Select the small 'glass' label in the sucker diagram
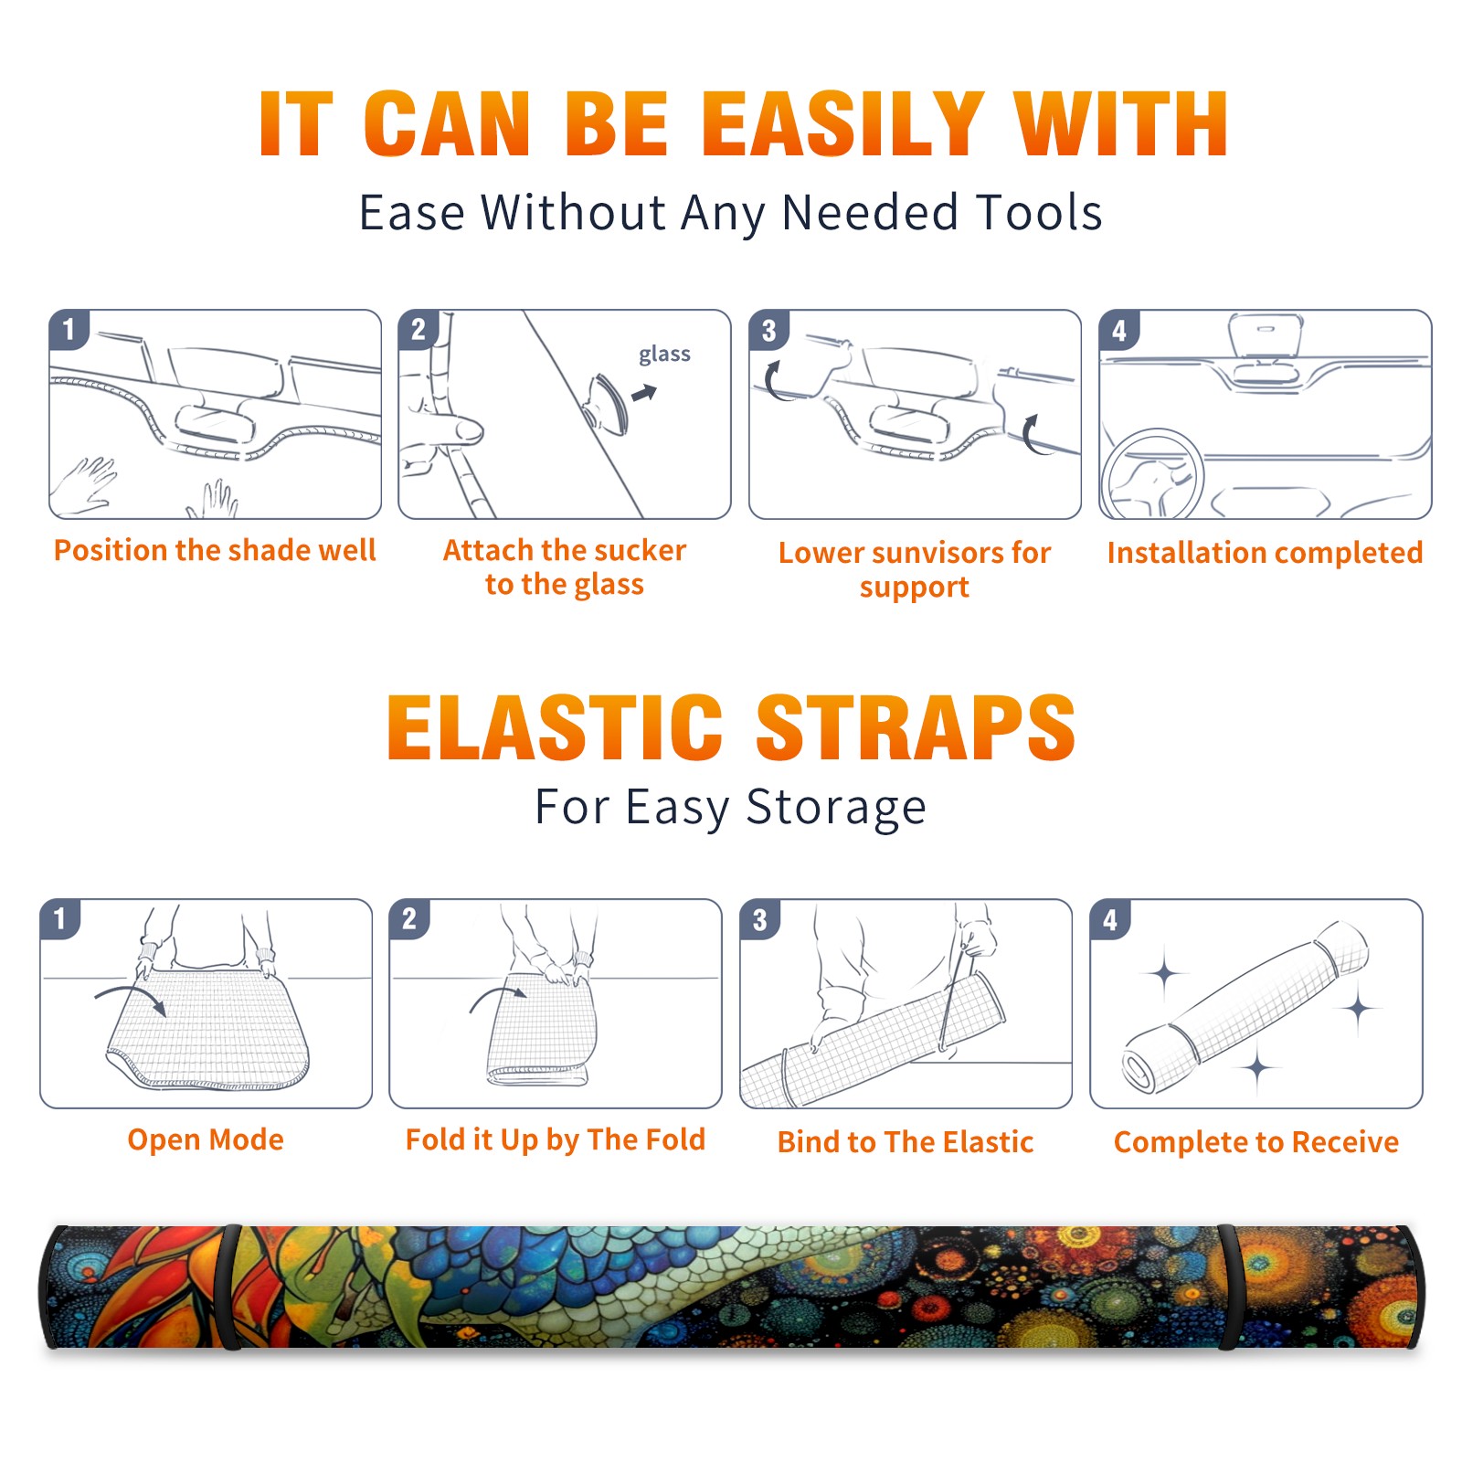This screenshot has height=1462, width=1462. click(x=664, y=354)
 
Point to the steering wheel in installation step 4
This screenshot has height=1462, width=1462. click(x=1151, y=475)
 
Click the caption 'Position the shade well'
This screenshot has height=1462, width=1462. click(x=215, y=550)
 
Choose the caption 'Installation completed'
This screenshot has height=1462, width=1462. click(x=1265, y=553)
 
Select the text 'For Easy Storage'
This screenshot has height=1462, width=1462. click(x=731, y=808)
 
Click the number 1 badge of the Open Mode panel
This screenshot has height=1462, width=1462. click(x=60, y=919)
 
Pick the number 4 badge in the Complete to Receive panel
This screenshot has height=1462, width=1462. click(x=1110, y=919)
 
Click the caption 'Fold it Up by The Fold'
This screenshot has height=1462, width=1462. click(x=556, y=1139)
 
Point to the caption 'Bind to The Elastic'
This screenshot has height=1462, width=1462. click(x=906, y=1142)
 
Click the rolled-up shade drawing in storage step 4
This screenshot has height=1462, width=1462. click(x=1246, y=1006)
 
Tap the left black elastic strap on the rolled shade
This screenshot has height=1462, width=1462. click(x=231, y=1287)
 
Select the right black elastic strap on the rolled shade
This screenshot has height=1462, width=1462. click(x=1227, y=1287)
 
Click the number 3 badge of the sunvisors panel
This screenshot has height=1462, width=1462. click(x=769, y=331)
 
